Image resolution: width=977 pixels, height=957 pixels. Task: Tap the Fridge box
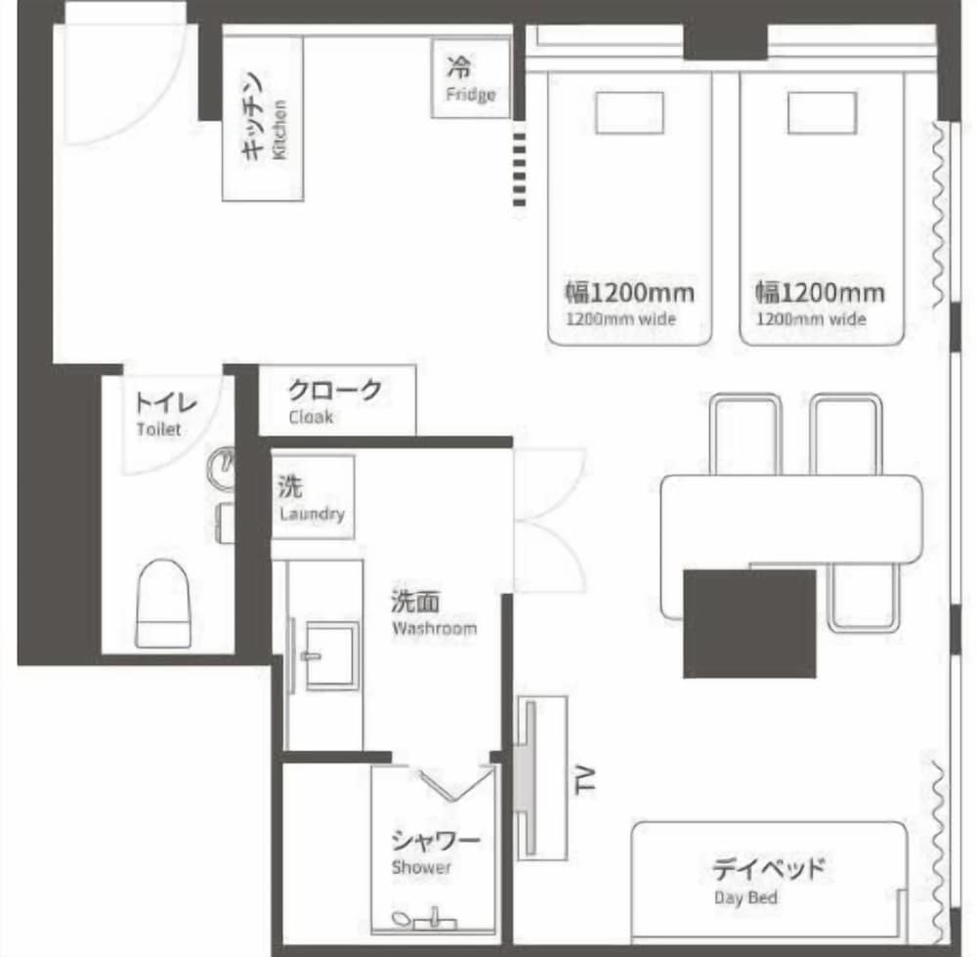coord(471,78)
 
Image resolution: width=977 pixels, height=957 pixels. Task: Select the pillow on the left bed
coord(629,112)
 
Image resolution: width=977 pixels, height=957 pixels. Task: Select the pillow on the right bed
coord(822,112)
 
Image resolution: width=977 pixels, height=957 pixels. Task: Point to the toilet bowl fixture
coord(163,603)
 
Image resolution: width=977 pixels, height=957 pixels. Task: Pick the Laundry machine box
coord(313,497)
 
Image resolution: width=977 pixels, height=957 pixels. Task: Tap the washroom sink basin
coord(332,655)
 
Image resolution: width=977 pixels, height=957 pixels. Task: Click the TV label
coord(585,780)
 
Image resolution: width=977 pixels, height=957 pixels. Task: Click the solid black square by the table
coord(749,623)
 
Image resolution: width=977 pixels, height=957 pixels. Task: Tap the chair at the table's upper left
coord(745,435)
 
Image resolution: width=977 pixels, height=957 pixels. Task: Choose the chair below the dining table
coord(864,597)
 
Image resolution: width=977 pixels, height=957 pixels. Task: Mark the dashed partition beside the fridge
coord(519,169)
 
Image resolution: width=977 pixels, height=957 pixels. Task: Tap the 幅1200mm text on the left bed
coord(629,292)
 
